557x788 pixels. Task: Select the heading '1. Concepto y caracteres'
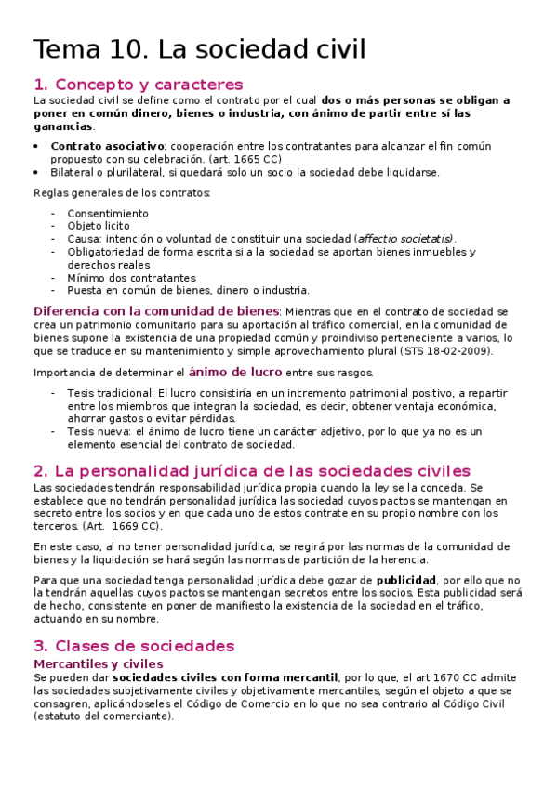click(138, 85)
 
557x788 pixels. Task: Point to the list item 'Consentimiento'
click(107, 213)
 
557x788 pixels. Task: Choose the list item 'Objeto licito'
click(98, 226)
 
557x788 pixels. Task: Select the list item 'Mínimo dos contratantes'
click(131, 278)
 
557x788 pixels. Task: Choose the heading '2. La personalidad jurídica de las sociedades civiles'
click(251, 471)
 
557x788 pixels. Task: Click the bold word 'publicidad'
click(405, 580)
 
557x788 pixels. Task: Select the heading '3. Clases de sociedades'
click(134, 646)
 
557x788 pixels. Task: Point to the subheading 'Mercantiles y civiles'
click(99, 663)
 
